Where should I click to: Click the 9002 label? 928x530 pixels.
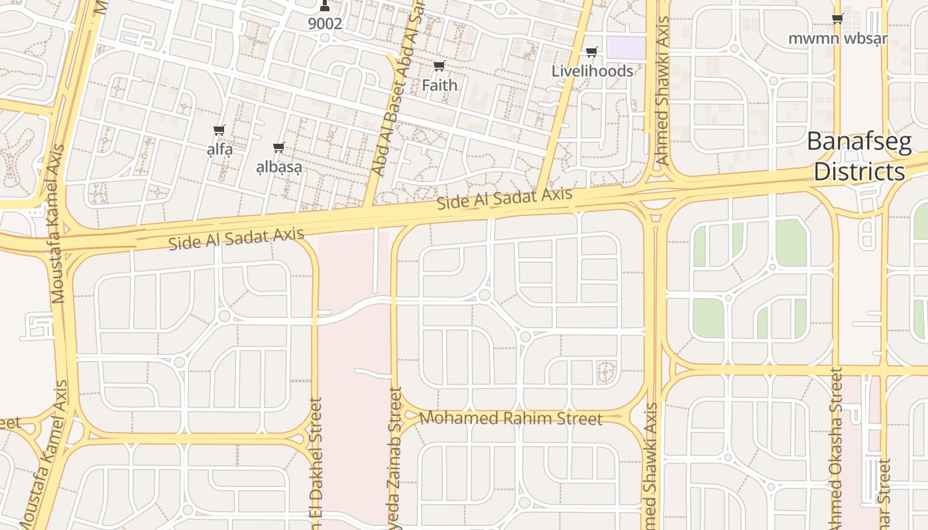(x=325, y=24)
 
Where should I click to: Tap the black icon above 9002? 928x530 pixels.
(x=324, y=6)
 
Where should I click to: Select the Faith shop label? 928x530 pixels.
(x=439, y=85)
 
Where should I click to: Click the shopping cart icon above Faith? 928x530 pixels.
(x=439, y=66)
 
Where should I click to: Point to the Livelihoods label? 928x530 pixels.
(x=592, y=71)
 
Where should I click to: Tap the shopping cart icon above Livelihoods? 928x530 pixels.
(x=592, y=52)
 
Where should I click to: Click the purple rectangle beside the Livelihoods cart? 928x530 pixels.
(x=626, y=47)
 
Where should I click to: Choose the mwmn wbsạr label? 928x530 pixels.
(x=837, y=38)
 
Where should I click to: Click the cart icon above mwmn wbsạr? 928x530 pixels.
(x=837, y=19)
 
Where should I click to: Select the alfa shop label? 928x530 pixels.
(x=219, y=150)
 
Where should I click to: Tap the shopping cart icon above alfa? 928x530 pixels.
(x=219, y=131)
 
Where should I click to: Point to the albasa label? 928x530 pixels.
(x=279, y=167)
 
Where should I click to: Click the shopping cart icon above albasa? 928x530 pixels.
(x=279, y=148)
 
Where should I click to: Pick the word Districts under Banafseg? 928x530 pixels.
(x=859, y=172)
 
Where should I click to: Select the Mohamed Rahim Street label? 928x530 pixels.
(x=511, y=419)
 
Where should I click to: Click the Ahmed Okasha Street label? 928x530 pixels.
(x=837, y=450)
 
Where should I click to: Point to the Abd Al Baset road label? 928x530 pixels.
(x=400, y=93)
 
